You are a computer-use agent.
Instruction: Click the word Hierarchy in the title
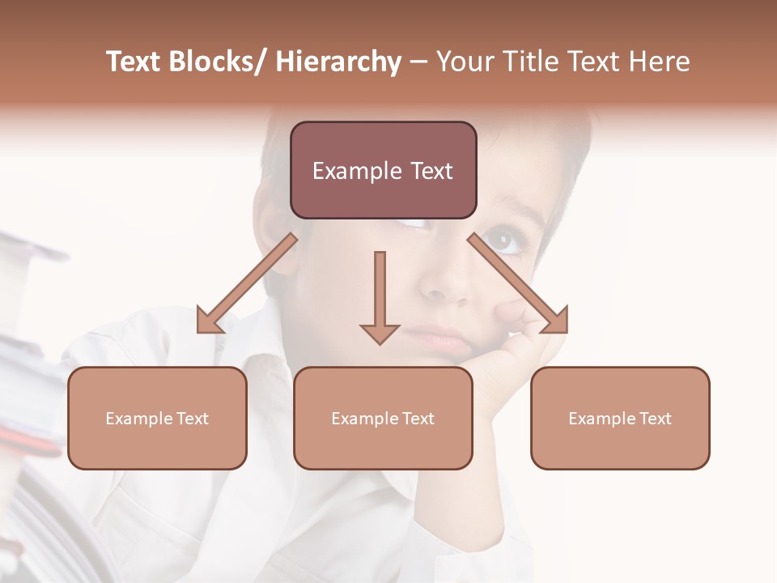click(x=338, y=62)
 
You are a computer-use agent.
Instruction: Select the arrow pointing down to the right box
click(x=519, y=284)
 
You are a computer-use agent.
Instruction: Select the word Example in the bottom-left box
click(x=139, y=419)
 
